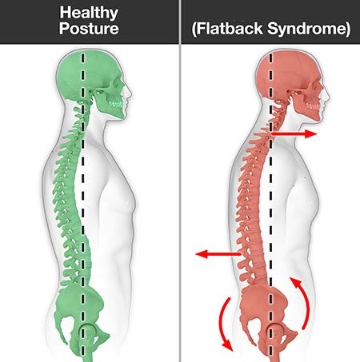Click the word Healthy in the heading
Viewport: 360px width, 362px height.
point(89,13)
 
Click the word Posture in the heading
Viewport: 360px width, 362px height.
point(89,29)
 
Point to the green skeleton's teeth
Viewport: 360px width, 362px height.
point(115,104)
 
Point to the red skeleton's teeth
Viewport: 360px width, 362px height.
point(314,105)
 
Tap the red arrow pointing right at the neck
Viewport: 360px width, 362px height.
point(294,133)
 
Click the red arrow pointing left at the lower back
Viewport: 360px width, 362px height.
point(218,254)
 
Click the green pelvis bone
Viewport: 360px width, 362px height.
point(80,309)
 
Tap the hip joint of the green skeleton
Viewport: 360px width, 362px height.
point(87,331)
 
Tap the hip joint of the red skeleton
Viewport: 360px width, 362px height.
point(274,332)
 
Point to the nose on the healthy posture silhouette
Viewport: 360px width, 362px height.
point(130,92)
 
